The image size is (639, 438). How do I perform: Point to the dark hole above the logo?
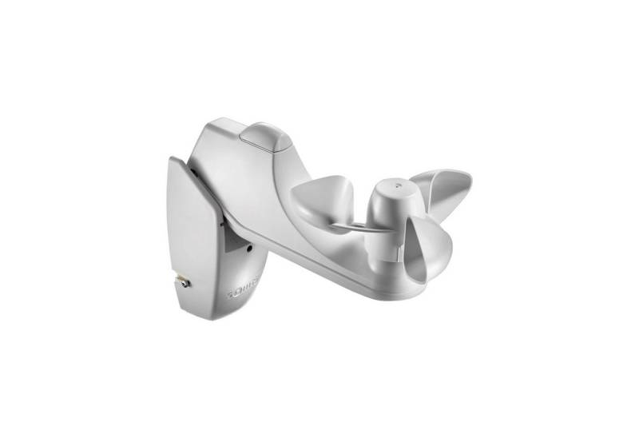[x=250, y=249]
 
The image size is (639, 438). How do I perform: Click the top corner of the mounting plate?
[x=173, y=159]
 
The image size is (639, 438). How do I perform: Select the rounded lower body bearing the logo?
[x=240, y=280]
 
